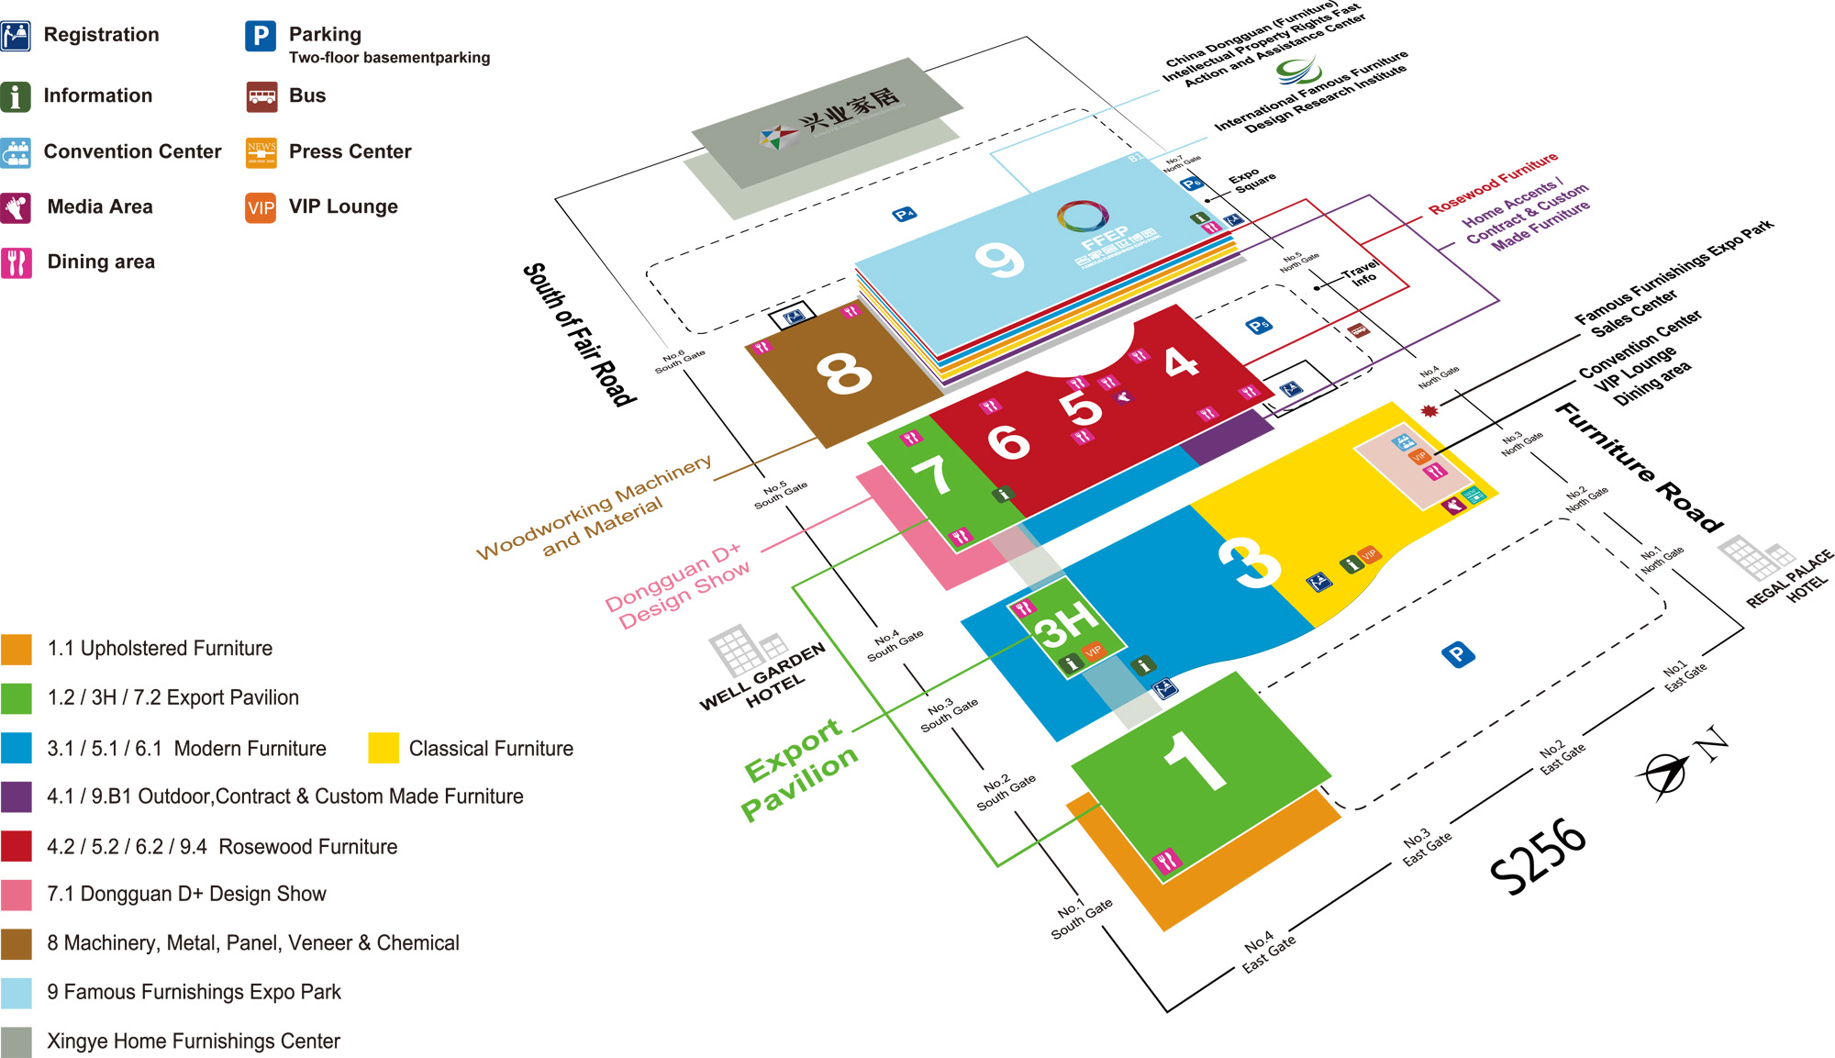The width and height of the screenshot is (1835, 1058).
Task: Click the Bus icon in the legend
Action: point(261,96)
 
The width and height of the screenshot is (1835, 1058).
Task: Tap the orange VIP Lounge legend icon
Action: point(261,207)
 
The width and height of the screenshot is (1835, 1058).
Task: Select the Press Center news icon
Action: point(261,152)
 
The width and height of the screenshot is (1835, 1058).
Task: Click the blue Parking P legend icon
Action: point(261,36)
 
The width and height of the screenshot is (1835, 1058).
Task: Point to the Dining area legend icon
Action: point(17,262)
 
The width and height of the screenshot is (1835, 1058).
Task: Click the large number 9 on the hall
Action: point(998,260)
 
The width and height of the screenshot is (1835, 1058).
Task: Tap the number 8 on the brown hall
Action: point(843,373)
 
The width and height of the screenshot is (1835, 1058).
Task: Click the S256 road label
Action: point(1538,856)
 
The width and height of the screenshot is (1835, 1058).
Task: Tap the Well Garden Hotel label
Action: point(763,677)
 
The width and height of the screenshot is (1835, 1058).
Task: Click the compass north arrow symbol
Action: point(1663,773)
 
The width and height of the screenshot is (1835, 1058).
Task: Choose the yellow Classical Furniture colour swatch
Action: point(383,748)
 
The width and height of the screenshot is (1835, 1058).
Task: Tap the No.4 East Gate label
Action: point(1269,952)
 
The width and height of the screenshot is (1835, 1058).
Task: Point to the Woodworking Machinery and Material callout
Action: point(595,507)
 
